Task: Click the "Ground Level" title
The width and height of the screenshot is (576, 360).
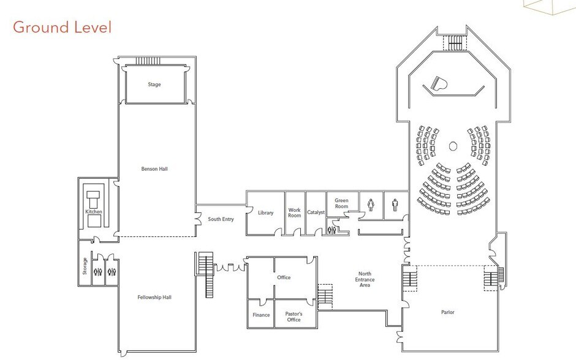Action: coord(62,28)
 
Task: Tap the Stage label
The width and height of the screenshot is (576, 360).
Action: coord(154,84)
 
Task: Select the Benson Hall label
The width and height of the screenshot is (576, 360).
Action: coord(154,169)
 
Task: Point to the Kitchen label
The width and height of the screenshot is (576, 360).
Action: coord(94,212)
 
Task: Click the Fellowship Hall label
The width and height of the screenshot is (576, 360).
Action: coord(154,298)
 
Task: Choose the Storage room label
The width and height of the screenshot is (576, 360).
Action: coord(85,266)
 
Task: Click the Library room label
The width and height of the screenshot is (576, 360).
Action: coord(265,213)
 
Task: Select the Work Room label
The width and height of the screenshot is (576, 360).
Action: coord(295,213)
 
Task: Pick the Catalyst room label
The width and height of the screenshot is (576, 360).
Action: coord(316,213)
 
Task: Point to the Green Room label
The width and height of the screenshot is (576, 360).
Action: coord(341,203)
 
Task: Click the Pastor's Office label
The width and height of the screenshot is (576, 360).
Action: coord(294,317)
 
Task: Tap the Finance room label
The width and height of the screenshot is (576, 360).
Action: coord(261,315)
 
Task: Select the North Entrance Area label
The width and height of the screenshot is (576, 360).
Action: coord(366,279)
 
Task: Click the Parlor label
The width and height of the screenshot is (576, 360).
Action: coord(448,312)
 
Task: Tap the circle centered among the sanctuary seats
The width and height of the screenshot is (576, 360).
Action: coord(453,146)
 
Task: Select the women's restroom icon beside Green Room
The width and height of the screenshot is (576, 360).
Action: coord(371,204)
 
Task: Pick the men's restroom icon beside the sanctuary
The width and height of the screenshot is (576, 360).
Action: coord(395,204)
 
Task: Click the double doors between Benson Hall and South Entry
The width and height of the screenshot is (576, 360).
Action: coord(198,219)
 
